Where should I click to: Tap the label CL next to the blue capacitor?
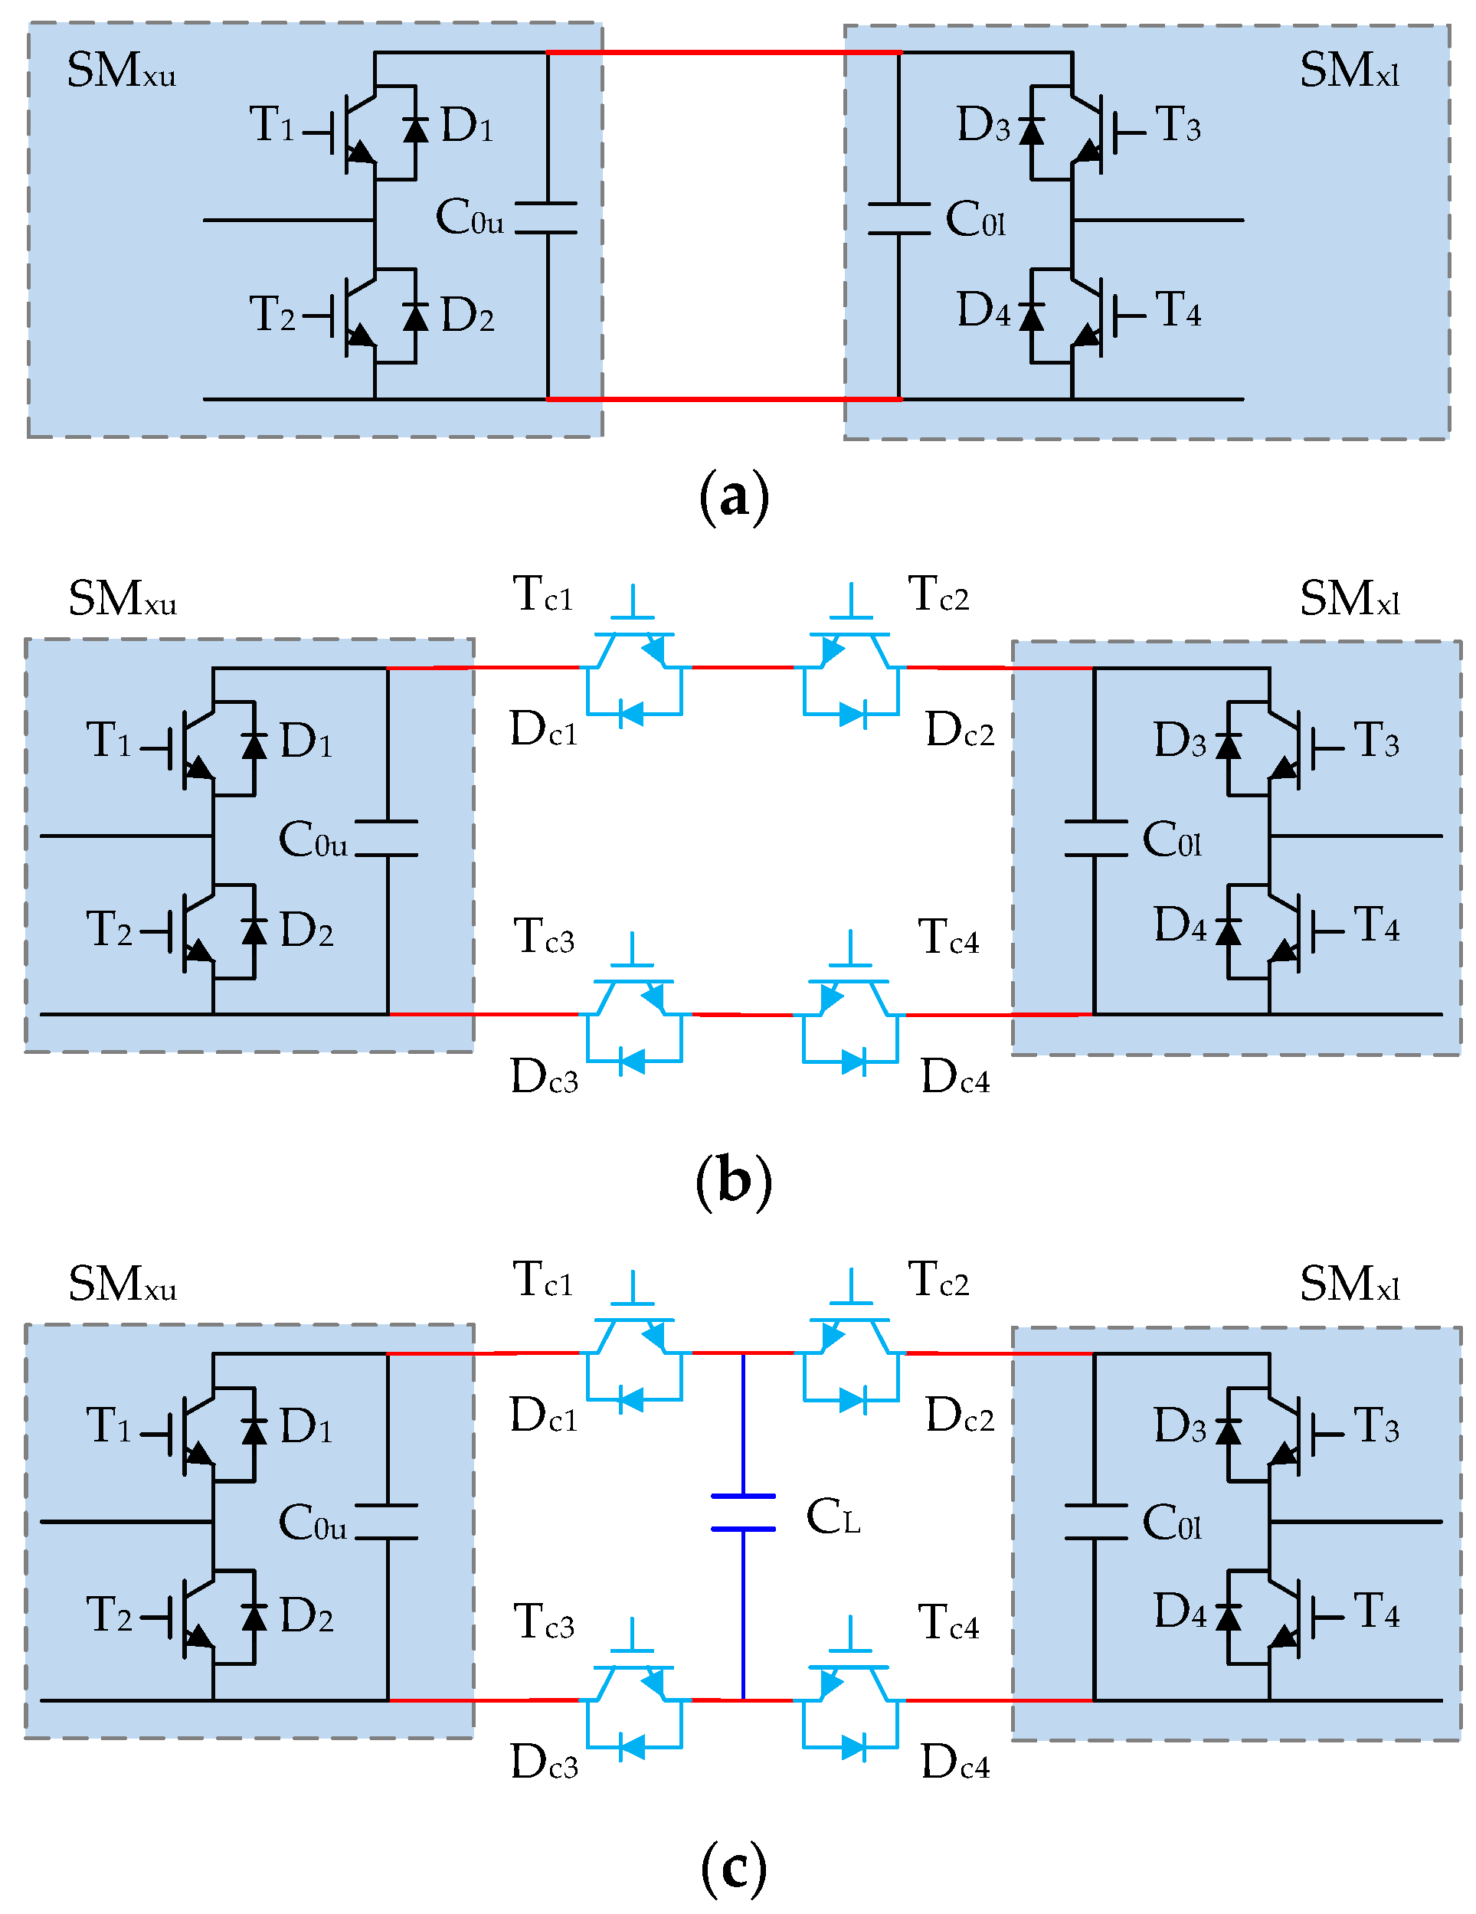pyautogui.click(x=832, y=1517)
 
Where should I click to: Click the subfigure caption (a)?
pyautogui.click(x=735, y=497)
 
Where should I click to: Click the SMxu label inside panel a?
pyautogui.click(x=121, y=71)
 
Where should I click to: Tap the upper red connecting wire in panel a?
pyautogui.click(x=723, y=53)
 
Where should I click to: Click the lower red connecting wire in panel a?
pyautogui.click(x=723, y=399)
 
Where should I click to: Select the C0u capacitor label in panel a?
pyautogui.click(x=469, y=218)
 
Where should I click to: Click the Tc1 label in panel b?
pyautogui.click(x=542, y=594)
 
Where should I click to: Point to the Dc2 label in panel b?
pyautogui.click(x=960, y=729)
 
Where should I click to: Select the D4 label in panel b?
pyautogui.click(x=1180, y=924)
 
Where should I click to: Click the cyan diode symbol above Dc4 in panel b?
pyautogui.click(x=853, y=1062)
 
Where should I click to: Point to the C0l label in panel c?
pyautogui.click(x=1171, y=1523)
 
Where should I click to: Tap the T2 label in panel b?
pyautogui.click(x=109, y=929)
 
